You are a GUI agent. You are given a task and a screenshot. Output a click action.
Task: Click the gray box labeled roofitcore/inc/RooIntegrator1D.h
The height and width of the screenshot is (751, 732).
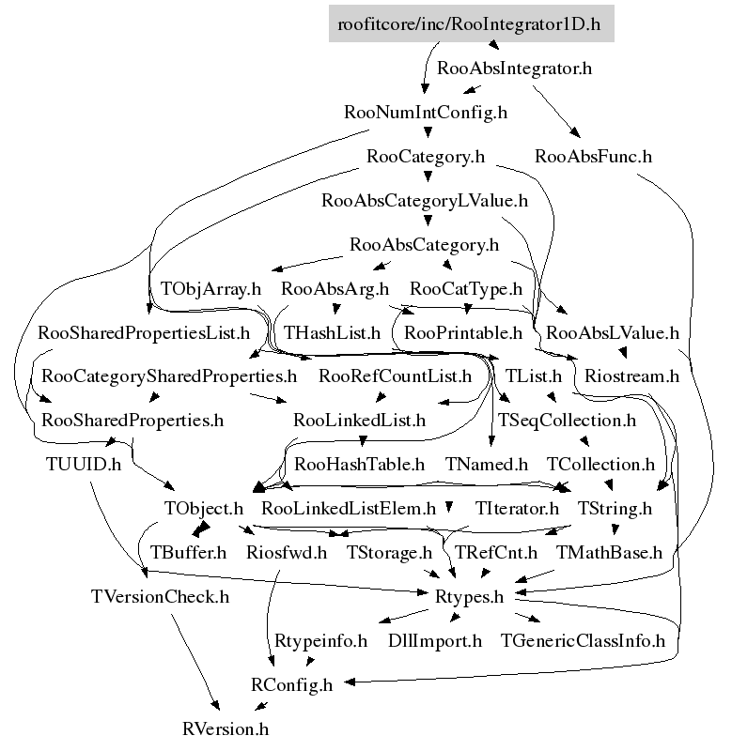point(471,23)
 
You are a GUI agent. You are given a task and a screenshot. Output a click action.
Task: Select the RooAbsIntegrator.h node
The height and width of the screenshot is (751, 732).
point(514,68)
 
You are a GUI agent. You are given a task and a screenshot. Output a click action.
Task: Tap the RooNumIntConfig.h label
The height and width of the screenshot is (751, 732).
point(426,112)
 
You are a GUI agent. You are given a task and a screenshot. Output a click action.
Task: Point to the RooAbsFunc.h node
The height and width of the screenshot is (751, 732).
point(594,156)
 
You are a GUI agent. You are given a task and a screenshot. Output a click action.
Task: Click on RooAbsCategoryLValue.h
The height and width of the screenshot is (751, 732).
point(425,200)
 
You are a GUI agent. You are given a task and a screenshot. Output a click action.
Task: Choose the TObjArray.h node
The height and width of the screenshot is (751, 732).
point(210,288)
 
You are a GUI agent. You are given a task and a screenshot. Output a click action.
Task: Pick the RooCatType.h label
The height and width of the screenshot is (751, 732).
point(466,288)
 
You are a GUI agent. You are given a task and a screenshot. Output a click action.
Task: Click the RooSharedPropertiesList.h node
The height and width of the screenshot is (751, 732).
point(144,332)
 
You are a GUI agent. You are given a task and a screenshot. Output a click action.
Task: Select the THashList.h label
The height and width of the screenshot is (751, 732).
point(333,332)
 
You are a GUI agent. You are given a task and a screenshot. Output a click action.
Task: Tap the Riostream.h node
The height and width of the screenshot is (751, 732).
point(631,376)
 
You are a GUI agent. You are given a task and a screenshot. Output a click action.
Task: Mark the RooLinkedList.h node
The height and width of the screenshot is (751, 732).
point(360,420)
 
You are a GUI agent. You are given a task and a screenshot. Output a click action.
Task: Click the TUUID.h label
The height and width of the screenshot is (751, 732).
point(84,464)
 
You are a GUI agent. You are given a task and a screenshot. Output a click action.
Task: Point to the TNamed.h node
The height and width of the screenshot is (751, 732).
point(487,464)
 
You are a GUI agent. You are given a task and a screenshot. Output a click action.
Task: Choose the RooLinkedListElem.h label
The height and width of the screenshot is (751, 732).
point(349,508)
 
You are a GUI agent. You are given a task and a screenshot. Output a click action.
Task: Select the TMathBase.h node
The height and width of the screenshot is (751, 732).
point(609,552)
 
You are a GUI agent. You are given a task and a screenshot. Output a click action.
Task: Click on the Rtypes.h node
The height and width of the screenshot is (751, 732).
point(469,597)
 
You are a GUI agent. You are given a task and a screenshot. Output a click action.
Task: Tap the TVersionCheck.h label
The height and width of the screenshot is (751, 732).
point(160,597)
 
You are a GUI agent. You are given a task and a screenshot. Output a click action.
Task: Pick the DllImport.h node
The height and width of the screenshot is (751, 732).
point(435,641)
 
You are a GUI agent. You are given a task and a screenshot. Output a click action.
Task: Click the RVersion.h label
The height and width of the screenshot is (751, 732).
point(226,729)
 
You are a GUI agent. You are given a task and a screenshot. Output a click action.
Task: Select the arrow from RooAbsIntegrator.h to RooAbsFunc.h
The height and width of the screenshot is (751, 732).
point(556,111)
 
